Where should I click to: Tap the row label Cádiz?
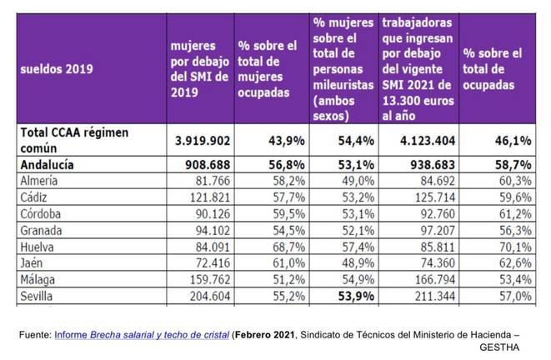pos(38,197)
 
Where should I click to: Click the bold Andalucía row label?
pos(47,165)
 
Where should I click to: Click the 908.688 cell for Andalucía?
pos(200,165)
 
